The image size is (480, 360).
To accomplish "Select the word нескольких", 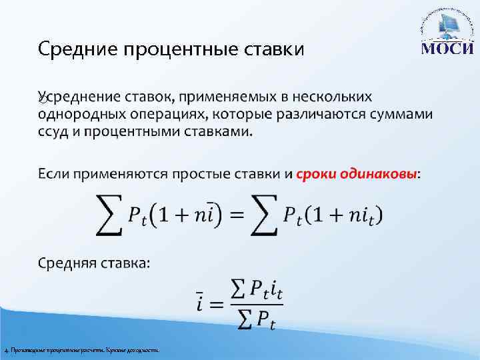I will pos(339,98).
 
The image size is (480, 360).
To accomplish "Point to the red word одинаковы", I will pos(378,175).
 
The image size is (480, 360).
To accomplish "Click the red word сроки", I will pos(317,175).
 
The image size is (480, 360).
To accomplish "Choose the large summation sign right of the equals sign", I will pos(265,215).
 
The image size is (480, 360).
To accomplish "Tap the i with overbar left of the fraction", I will pos(200,304).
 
